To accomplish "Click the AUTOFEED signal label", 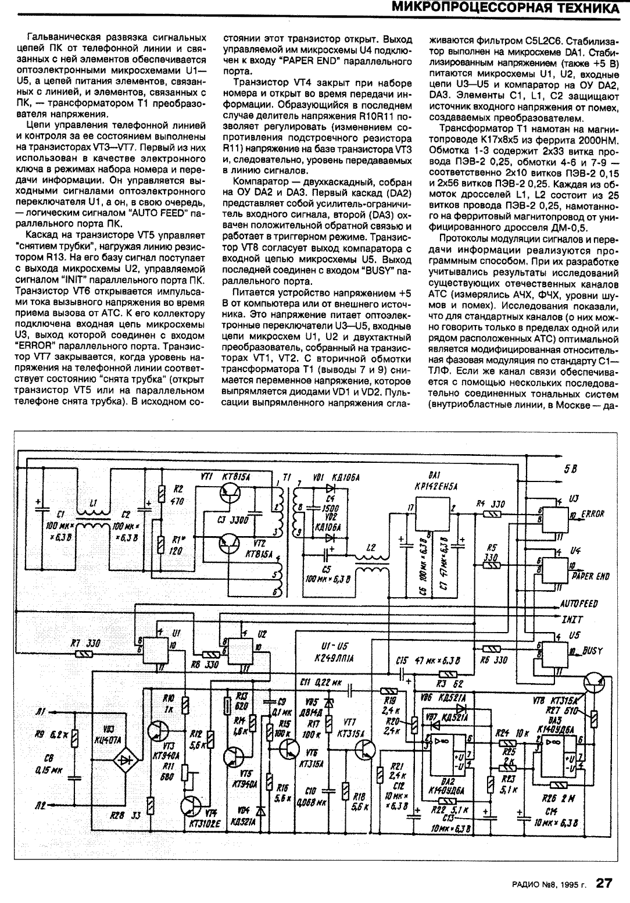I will (x=579, y=604).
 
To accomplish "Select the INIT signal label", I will (x=572, y=619).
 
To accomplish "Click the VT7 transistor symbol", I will (x=365, y=754).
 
